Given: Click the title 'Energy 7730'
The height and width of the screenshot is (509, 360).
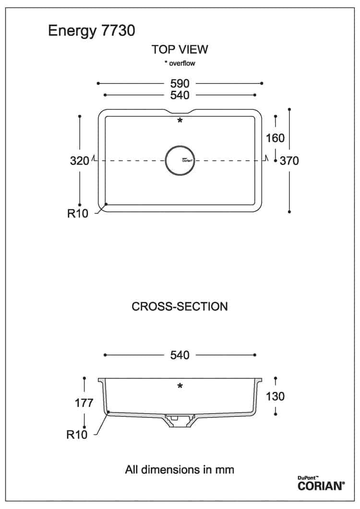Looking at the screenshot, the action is pyautogui.click(x=92, y=31).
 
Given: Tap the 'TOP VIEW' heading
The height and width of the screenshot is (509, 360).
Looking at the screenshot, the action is pyautogui.click(x=180, y=49).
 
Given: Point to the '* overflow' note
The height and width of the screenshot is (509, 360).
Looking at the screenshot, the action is pyautogui.click(x=180, y=63).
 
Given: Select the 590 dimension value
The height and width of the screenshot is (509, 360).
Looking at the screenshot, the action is pyautogui.click(x=180, y=83).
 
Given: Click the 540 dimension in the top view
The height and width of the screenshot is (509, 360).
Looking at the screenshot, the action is pyautogui.click(x=180, y=95).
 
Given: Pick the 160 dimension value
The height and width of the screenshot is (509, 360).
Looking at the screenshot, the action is pyautogui.click(x=275, y=138).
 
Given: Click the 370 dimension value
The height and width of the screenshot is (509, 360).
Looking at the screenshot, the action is pyautogui.click(x=289, y=161).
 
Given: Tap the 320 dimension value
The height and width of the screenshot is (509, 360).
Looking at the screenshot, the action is pyautogui.click(x=79, y=161).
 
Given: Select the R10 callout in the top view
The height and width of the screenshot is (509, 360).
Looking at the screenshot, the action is pyautogui.click(x=78, y=213).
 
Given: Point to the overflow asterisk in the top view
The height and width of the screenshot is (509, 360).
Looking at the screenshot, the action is pyautogui.click(x=180, y=121).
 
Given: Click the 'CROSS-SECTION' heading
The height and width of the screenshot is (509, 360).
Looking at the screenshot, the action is pyautogui.click(x=180, y=307).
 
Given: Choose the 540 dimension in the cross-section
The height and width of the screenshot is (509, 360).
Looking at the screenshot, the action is pyautogui.click(x=180, y=355).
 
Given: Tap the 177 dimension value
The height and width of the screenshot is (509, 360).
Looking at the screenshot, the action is pyautogui.click(x=84, y=403).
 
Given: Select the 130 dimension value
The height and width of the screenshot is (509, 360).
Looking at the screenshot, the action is pyautogui.click(x=275, y=396).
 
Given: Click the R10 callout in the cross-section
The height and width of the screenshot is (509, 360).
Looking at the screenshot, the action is pyautogui.click(x=77, y=434).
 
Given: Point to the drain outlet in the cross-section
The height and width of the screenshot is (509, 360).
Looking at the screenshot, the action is pyautogui.click(x=180, y=420).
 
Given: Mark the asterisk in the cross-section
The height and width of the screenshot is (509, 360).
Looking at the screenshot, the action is pyautogui.click(x=180, y=386).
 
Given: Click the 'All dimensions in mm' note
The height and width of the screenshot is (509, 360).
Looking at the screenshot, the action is pyautogui.click(x=180, y=469).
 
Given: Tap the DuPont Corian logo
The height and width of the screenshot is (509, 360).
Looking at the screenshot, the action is pyautogui.click(x=321, y=484).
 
